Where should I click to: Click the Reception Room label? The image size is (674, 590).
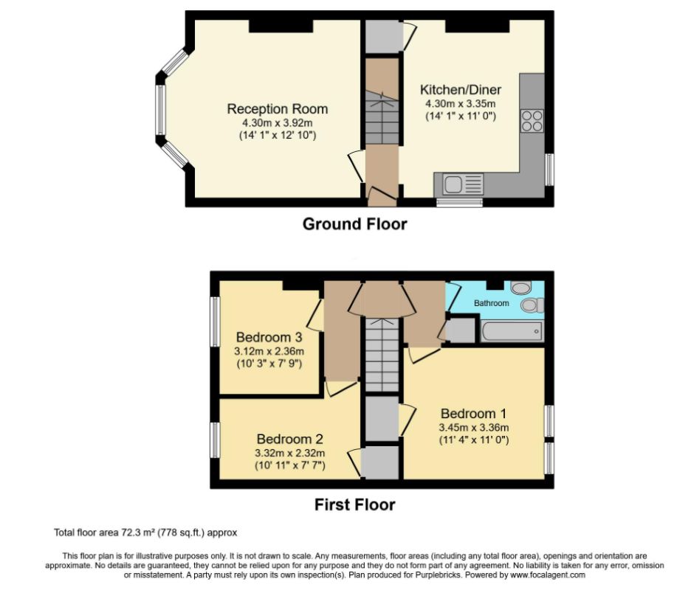(277, 109)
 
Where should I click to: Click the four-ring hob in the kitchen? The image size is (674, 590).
(532, 120)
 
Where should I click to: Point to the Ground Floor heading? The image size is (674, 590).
(354, 224)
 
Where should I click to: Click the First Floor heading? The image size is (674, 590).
(354, 505)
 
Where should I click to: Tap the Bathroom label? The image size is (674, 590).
(491, 303)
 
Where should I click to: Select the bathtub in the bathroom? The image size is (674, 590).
(512, 331)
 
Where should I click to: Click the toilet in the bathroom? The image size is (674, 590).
(531, 305)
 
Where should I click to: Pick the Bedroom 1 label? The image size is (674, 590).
(474, 413)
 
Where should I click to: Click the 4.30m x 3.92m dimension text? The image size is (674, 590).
(277, 123)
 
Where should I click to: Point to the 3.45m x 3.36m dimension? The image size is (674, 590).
(474, 427)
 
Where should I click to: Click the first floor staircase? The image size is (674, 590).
(382, 354)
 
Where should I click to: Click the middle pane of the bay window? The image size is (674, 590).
(159, 110)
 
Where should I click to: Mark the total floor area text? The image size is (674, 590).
(145, 532)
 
